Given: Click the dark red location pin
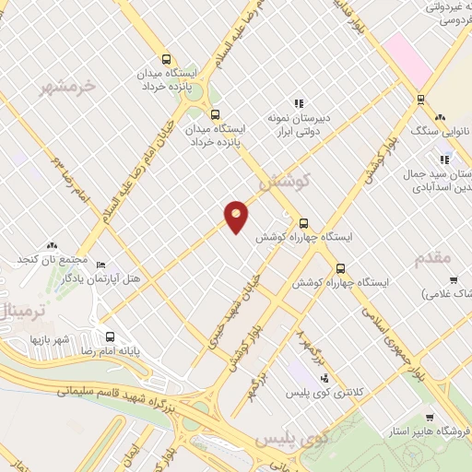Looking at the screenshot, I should [237, 216].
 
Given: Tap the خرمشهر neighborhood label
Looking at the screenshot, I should [68, 88].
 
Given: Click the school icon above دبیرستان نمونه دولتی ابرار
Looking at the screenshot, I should [299, 104].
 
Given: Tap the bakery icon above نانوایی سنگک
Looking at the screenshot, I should [440, 118].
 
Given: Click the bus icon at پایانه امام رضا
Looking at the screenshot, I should [110, 336].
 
